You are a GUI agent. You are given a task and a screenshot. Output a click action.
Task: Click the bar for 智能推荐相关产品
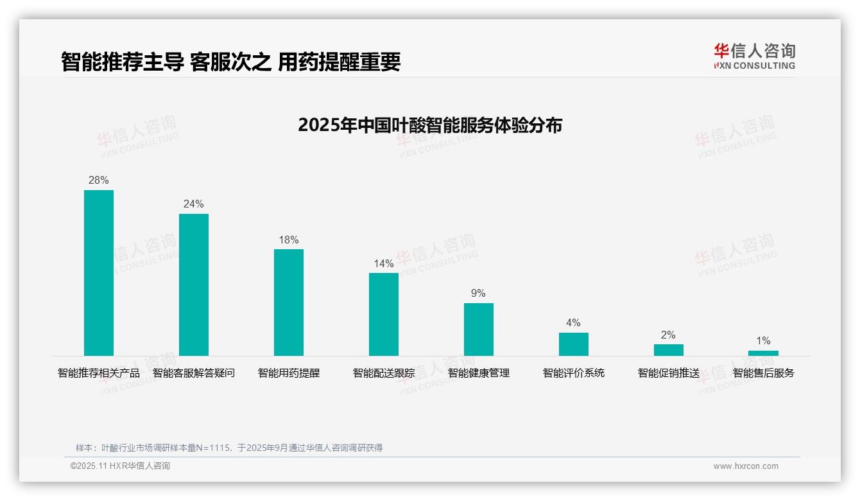click(x=99, y=273)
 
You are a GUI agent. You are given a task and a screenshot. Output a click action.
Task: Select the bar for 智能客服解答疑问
click(x=194, y=285)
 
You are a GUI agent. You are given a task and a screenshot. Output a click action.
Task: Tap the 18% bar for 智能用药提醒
click(x=289, y=303)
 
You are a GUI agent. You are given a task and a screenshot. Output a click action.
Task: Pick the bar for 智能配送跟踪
click(x=384, y=314)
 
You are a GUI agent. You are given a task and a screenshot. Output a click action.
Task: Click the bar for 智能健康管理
click(x=479, y=330)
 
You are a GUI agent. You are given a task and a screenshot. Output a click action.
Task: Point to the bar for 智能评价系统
click(x=573, y=344)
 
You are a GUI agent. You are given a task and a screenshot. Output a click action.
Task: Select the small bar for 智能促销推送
click(x=668, y=350)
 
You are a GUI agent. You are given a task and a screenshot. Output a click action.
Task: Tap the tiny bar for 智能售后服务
click(x=763, y=353)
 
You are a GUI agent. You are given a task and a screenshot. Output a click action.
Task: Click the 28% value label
click(x=99, y=180)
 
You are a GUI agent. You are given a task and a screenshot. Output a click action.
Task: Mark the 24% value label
click(x=194, y=204)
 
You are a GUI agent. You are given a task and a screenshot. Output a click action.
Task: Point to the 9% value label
click(x=479, y=294)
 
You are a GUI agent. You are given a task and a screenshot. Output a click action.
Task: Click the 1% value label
click(x=763, y=341)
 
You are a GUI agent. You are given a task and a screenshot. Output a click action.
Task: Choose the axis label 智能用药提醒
click(x=289, y=373)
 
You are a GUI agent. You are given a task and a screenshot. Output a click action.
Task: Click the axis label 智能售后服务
click(x=763, y=373)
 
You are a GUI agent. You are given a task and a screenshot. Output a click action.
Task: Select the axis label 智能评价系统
click(x=573, y=373)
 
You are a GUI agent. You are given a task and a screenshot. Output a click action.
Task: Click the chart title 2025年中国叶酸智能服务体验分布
click(x=430, y=125)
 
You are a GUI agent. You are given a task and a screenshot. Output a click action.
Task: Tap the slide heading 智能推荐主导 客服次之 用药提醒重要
click(x=231, y=62)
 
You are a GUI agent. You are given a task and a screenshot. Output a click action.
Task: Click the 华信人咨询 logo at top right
click(x=754, y=56)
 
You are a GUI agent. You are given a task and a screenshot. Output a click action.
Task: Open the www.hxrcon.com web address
click(x=746, y=466)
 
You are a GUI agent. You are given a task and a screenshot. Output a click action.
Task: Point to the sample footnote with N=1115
click(x=229, y=448)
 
